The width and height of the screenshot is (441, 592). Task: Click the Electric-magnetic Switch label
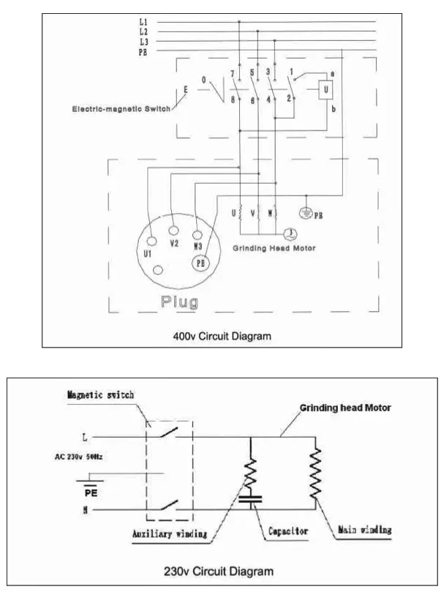pyautogui.click(x=121, y=109)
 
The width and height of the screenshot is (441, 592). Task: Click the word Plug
pyautogui.click(x=179, y=301)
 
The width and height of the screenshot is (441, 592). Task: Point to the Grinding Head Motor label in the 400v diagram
pyautogui.click(x=274, y=249)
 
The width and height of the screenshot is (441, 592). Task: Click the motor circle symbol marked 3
pyautogui.click(x=290, y=233)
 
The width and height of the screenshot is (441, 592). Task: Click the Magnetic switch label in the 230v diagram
pyautogui.click(x=100, y=395)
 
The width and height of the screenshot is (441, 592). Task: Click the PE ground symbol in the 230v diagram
pyautogui.click(x=91, y=481)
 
